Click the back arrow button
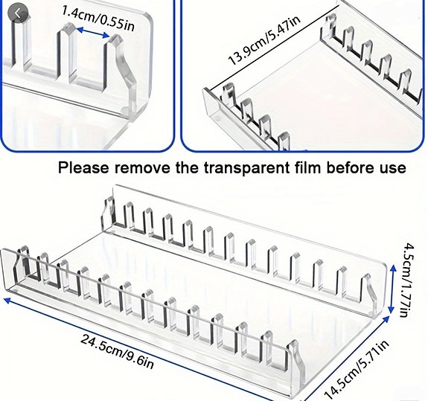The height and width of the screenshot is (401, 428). click(18, 13)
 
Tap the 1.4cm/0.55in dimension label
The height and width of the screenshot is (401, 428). click(98, 19)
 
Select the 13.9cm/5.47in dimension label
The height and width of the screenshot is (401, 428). click(263, 40)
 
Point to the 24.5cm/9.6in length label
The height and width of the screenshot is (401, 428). click(117, 352)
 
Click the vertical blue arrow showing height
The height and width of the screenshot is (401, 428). click(392, 289)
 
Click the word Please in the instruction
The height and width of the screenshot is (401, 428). click(83, 168)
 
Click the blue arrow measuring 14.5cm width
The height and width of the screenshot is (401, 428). click(345, 359)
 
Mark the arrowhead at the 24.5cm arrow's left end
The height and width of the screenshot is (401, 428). click(7, 300)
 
